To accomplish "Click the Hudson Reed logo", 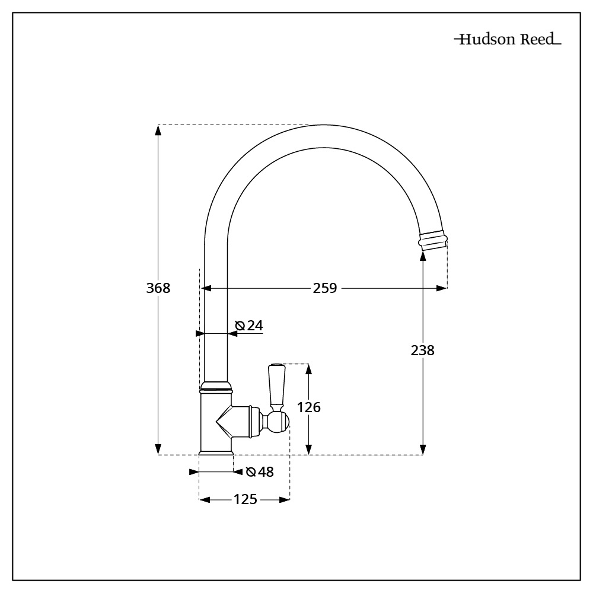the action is pyautogui.click(x=508, y=39).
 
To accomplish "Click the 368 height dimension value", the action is pyautogui.click(x=158, y=288).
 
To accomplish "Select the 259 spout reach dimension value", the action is pyautogui.click(x=325, y=288).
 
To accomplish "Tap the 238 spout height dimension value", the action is pyautogui.click(x=423, y=350).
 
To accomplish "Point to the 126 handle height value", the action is pyautogui.click(x=309, y=407).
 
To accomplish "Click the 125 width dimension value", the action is pyautogui.click(x=246, y=499).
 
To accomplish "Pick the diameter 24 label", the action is pyautogui.click(x=249, y=325).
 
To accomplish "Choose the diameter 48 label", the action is pyautogui.click(x=260, y=471).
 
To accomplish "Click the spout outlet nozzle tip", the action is pyautogui.click(x=433, y=240).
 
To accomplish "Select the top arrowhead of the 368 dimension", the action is pyautogui.click(x=158, y=130).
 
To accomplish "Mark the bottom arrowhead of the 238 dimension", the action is pyautogui.click(x=423, y=449).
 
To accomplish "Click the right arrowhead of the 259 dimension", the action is pyautogui.click(x=442, y=288).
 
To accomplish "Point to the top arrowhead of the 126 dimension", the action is pyautogui.click(x=309, y=369).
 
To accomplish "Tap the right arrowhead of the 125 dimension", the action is pyautogui.click(x=285, y=499).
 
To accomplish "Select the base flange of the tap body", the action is pyautogui.click(x=216, y=452).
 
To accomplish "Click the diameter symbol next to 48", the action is pyautogui.click(x=251, y=472).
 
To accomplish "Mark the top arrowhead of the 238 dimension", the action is pyautogui.click(x=423, y=256).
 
